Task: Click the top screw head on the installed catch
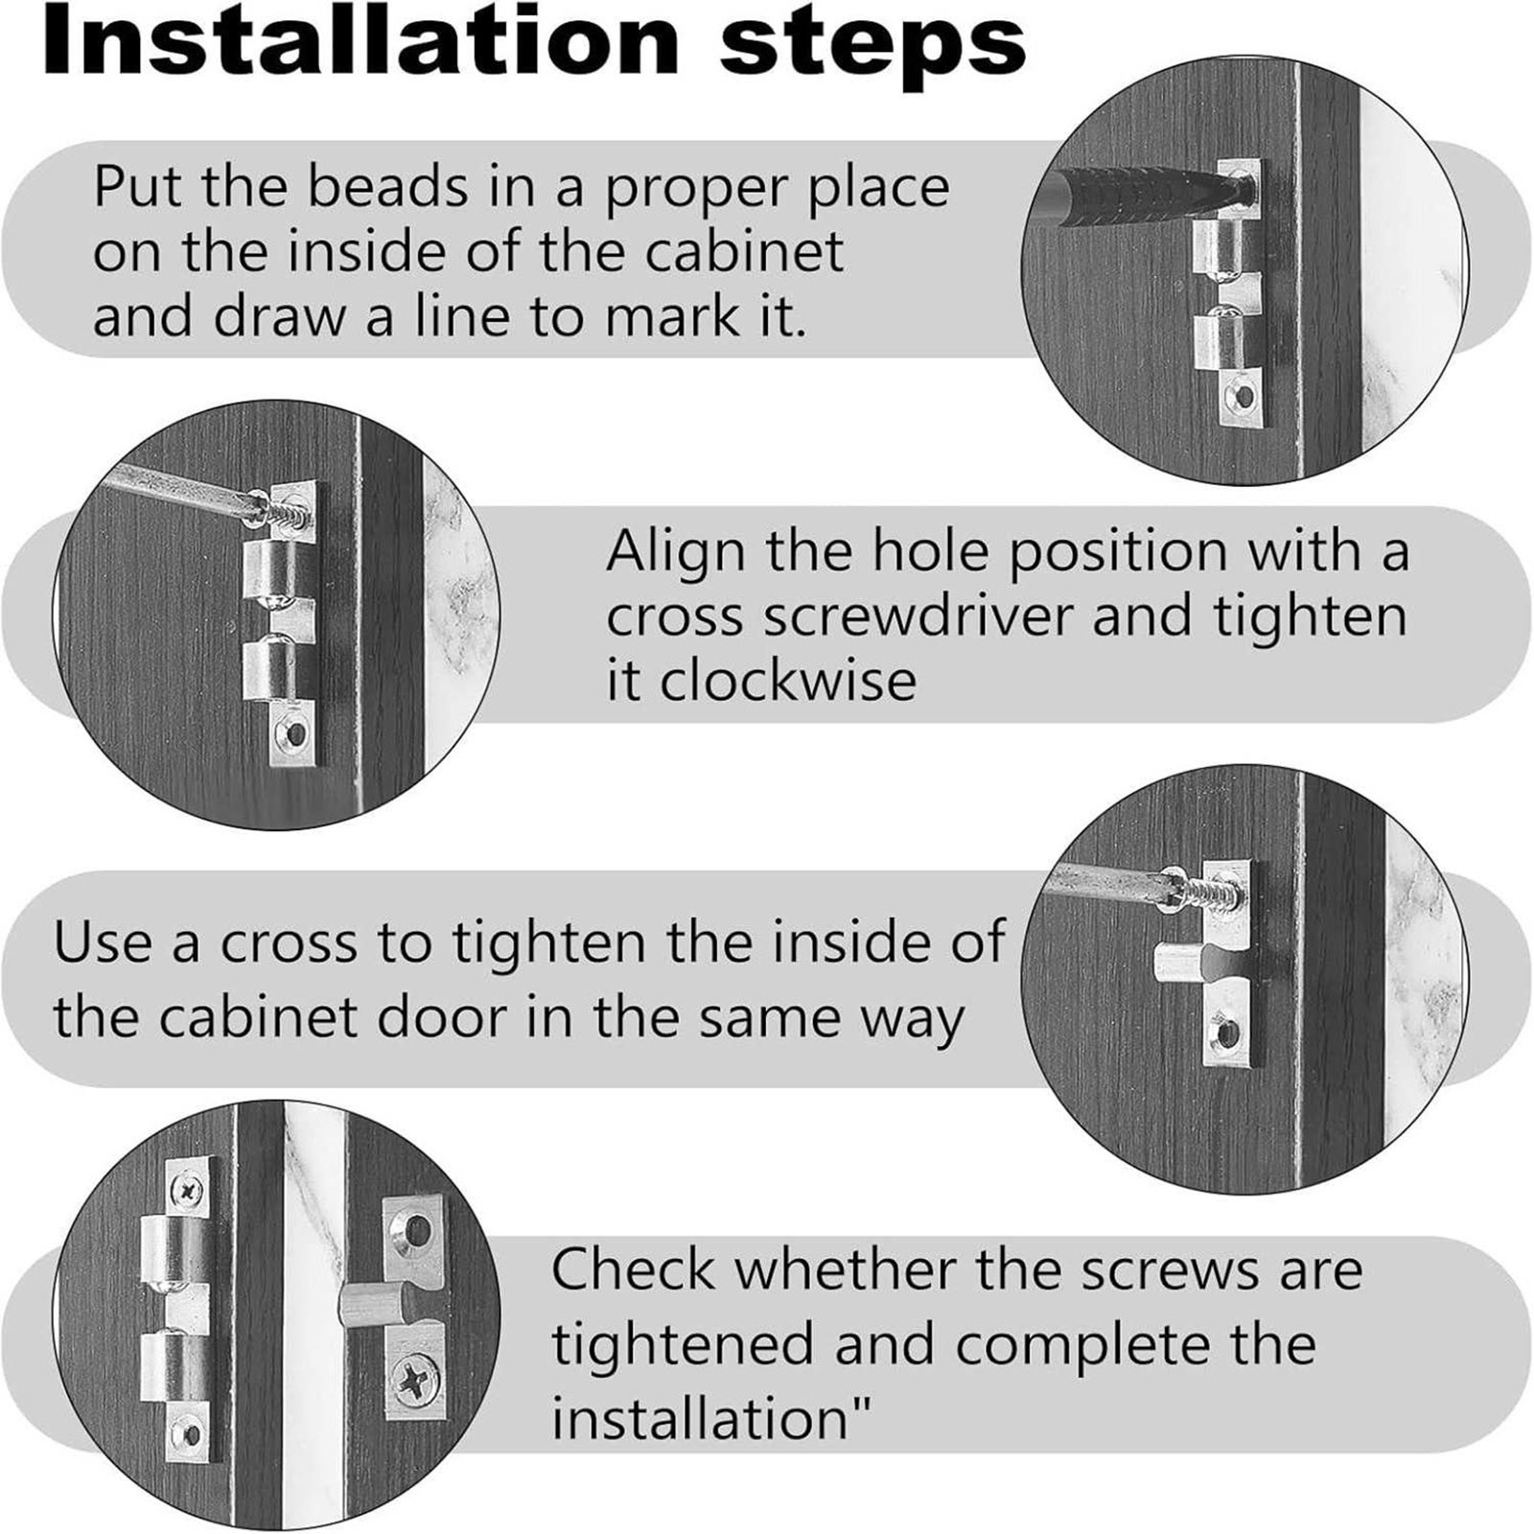point(186,1191)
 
